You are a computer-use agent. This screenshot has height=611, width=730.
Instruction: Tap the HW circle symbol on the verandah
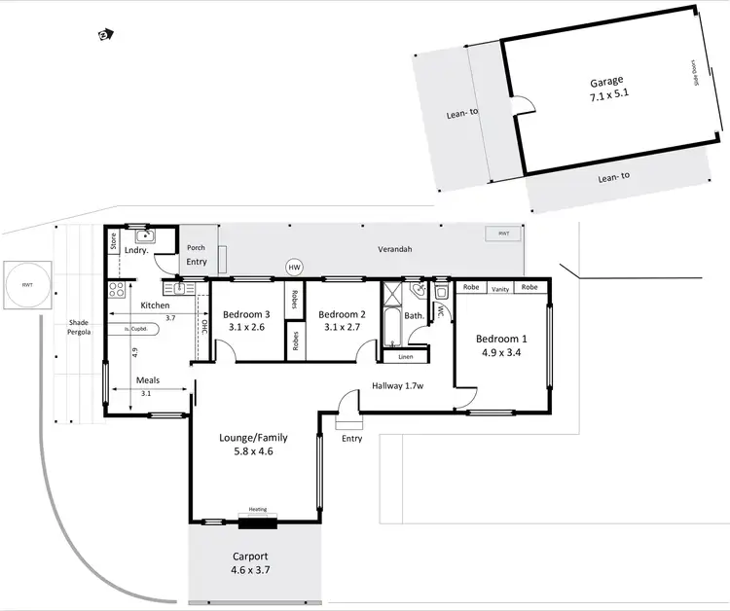click(x=294, y=267)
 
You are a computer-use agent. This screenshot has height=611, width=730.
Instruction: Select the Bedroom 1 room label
click(x=501, y=345)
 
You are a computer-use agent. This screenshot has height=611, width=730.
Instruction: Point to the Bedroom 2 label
click(x=342, y=321)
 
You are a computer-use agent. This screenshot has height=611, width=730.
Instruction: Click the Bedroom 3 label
click(x=246, y=321)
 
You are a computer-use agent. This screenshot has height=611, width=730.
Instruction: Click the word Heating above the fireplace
click(x=258, y=509)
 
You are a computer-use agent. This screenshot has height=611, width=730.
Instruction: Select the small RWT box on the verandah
click(x=503, y=234)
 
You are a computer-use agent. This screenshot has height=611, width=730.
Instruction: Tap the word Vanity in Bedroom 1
click(x=501, y=288)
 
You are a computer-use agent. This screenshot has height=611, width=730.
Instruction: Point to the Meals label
click(x=148, y=380)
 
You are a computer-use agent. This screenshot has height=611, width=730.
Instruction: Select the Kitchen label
click(x=156, y=305)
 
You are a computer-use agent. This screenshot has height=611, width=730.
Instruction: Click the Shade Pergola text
click(x=78, y=329)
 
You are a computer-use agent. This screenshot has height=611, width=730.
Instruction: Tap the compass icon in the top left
click(x=105, y=35)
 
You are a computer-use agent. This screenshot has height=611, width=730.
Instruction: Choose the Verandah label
click(x=396, y=250)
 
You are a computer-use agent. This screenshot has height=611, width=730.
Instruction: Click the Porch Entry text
click(x=197, y=255)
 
